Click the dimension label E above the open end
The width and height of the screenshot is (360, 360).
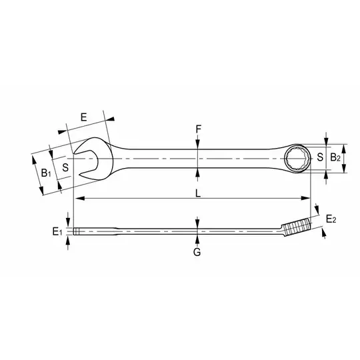(x=83, y=117)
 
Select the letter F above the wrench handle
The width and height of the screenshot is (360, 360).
(x=198, y=127)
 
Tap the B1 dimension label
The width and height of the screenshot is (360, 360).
(x=45, y=173)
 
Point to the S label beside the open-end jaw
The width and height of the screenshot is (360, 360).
(x=65, y=167)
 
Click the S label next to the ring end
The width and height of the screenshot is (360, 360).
(x=319, y=158)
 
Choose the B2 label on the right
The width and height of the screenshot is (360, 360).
(x=336, y=158)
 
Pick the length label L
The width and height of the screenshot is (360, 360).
(x=198, y=192)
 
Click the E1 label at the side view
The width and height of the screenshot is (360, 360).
(x=58, y=232)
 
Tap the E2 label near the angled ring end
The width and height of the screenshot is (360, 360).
(x=330, y=219)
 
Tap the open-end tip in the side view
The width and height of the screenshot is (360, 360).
(x=77, y=232)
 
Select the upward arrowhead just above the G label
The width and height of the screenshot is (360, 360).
(x=197, y=237)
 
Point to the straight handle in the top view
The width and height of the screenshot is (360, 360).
(x=200, y=159)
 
